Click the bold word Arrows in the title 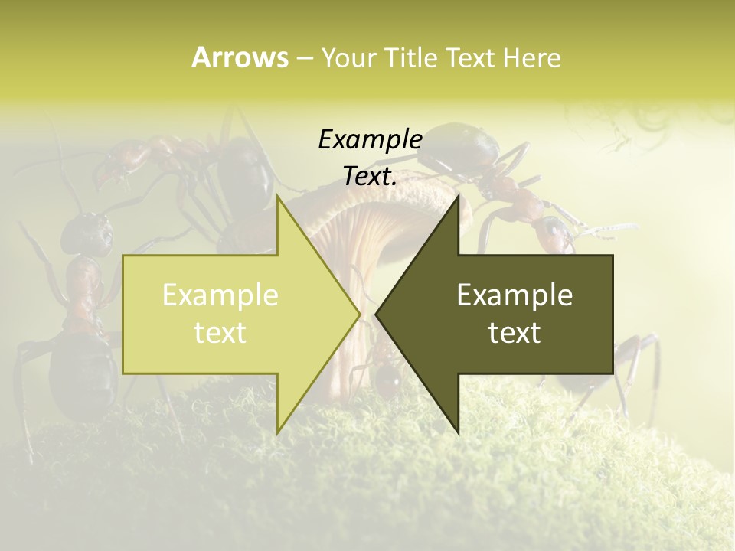pyautogui.click(x=240, y=57)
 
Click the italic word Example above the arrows pyautogui.click(x=370, y=139)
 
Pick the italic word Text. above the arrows pyautogui.click(x=370, y=176)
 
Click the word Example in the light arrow pyautogui.click(x=220, y=295)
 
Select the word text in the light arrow pyautogui.click(x=220, y=333)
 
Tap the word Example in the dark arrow pyautogui.click(x=514, y=295)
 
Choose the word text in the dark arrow pyautogui.click(x=514, y=333)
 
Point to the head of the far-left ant pyautogui.click(x=86, y=233)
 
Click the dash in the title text pyautogui.click(x=304, y=58)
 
